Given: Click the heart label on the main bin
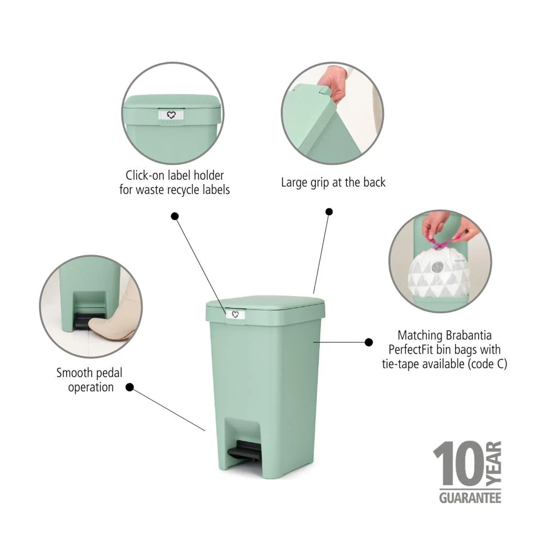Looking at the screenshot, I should pyautogui.click(x=235, y=314).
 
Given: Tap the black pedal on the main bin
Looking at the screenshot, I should pyautogui.click(x=244, y=451).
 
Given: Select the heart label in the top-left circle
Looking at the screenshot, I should pyautogui.click(x=171, y=115).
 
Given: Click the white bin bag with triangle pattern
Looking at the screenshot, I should pyautogui.click(x=439, y=276).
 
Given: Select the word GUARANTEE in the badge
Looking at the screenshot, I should pyautogui.click(x=470, y=498).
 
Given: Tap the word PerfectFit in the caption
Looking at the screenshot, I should pyautogui.click(x=412, y=349).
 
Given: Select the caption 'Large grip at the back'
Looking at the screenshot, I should pyautogui.click(x=333, y=183).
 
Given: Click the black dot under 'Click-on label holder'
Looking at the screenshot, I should pyautogui.click(x=175, y=216).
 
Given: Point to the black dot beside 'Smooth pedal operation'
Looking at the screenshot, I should pyautogui.click(x=129, y=387).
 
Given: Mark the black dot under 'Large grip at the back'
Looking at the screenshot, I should pyautogui.click(x=329, y=211).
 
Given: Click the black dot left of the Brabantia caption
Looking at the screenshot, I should pyautogui.click(x=369, y=342).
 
